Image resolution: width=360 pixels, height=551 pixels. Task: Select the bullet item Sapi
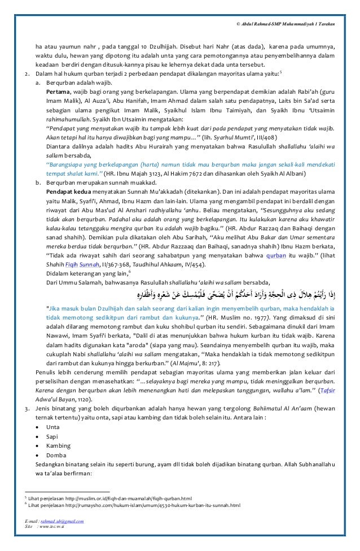(x=49, y=435)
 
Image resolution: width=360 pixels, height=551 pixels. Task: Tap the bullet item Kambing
(x=53, y=445)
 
